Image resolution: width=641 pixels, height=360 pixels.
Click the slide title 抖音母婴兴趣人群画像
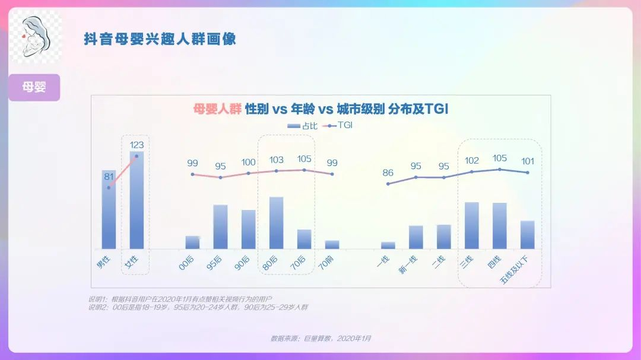coord(160,39)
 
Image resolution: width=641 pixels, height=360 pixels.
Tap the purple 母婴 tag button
coord(34,87)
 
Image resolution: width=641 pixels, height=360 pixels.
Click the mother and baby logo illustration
coord(37,39)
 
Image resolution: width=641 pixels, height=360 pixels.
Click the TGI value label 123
coord(137,145)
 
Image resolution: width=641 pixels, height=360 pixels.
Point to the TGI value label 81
coord(109,176)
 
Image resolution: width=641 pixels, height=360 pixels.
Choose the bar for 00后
coord(192,242)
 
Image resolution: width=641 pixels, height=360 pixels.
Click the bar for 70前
coord(332,244)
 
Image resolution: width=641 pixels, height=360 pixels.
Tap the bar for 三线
coord(472,225)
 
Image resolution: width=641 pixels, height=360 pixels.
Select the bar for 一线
coord(388,245)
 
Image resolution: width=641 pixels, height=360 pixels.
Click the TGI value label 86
coord(388,173)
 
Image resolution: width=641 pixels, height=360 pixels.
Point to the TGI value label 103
coord(277,160)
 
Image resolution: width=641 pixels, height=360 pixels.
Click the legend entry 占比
coord(302,126)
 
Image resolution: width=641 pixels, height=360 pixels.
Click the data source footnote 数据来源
coord(320,338)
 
